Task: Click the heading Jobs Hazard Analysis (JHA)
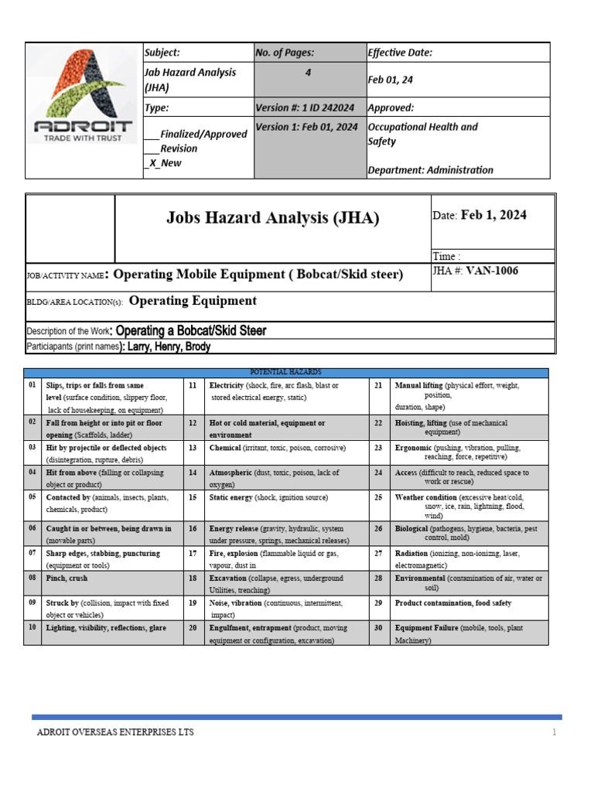pyautogui.click(x=272, y=218)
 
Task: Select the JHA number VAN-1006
pyautogui.click(x=486, y=271)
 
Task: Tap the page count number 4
pyautogui.click(x=308, y=72)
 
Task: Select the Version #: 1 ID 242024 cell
pyautogui.click(x=304, y=108)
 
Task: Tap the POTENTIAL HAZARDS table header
pyautogui.click(x=285, y=372)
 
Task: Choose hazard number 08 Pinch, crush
pyautogui.click(x=67, y=578)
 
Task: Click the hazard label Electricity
pyautogui.click(x=227, y=385)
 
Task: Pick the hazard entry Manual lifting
pyautogui.click(x=418, y=385)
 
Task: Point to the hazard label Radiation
pyautogui.click(x=411, y=554)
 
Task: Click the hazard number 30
pyautogui.click(x=378, y=628)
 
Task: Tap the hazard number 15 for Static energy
pyautogui.click(x=192, y=497)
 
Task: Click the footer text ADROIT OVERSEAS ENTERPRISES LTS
pyautogui.click(x=115, y=732)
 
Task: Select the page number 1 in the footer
pyautogui.click(x=554, y=732)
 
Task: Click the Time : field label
pyautogui.click(x=446, y=256)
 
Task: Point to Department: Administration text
pyautogui.click(x=430, y=170)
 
